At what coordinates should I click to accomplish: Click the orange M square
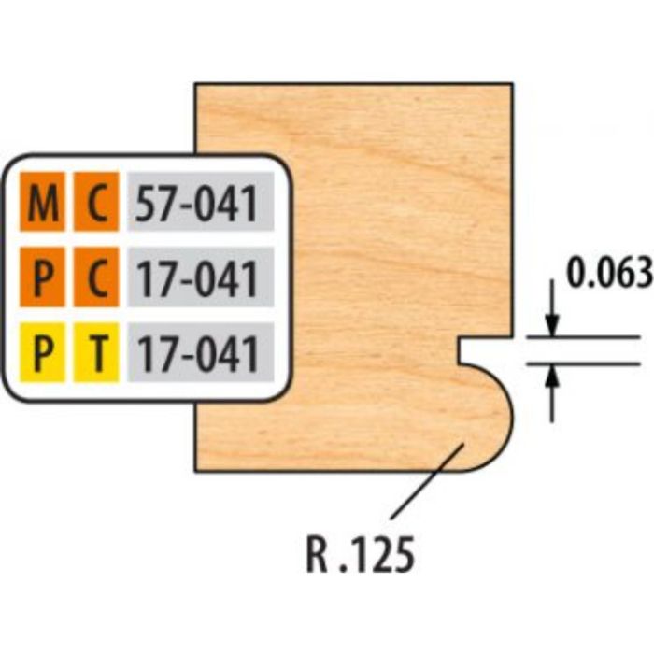[43, 202]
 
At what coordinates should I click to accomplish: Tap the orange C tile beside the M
[96, 202]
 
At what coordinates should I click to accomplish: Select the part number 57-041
[196, 204]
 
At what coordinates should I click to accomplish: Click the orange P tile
[43, 277]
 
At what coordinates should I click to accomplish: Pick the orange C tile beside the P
[96, 277]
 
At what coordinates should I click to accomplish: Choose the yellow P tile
[43, 352]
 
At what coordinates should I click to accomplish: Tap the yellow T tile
[96, 352]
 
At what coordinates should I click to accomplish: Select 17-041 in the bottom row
[196, 354]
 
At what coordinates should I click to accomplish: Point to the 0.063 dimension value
[609, 274]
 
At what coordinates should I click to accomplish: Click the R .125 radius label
[361, 554]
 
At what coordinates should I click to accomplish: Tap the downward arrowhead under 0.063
[552, 325]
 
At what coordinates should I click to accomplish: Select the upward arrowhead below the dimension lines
[552, 375]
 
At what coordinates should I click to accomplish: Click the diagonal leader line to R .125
[428, 482]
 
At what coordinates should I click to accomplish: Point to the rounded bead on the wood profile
[486, 417]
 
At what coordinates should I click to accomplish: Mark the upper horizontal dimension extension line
[583, 336]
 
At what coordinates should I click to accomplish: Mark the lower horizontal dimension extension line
[583, 363]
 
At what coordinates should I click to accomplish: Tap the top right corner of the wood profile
[513, 84]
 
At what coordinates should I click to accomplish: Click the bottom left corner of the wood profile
[195, 471]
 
